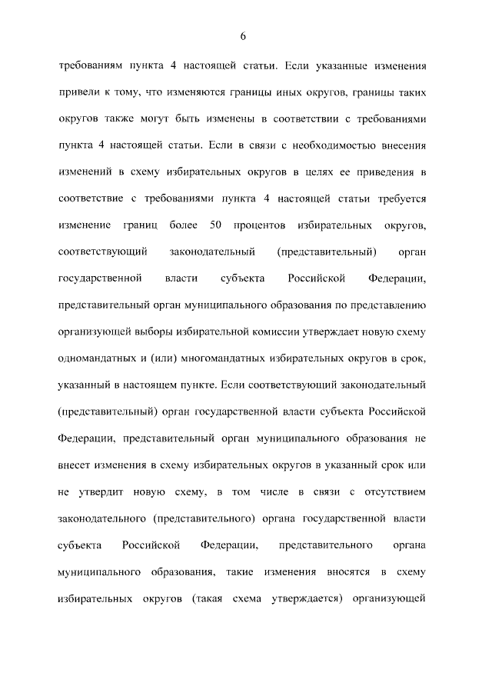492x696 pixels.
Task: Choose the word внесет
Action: point(76,465)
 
